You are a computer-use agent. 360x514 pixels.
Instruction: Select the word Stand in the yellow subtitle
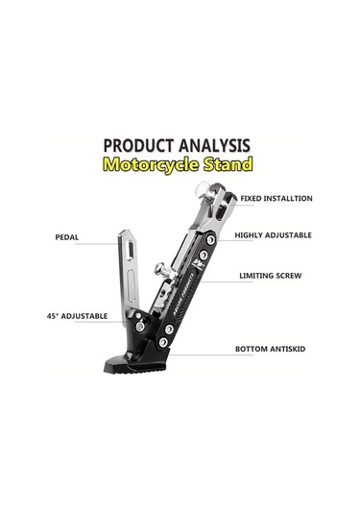[x=229, y=164]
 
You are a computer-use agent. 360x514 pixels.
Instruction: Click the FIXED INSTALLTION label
[x=276, y=198]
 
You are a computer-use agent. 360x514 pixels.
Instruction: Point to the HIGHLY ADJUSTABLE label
[x=273, y=234]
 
